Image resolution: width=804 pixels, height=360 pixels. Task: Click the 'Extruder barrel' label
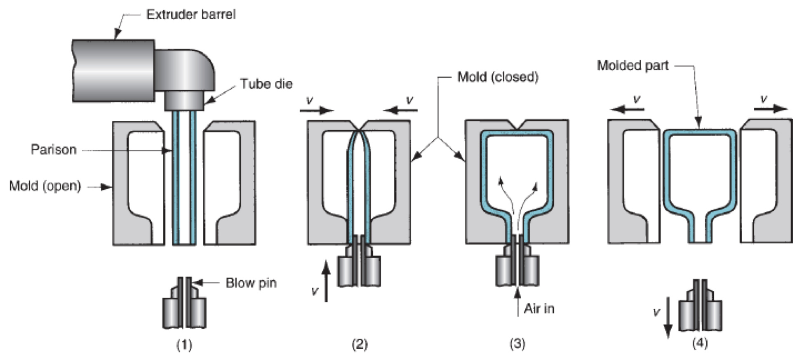click(x=191, y=14)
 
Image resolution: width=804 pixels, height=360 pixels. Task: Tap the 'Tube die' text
click(x=266, y=84)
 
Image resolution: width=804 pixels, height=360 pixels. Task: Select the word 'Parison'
click(x=54, y=149)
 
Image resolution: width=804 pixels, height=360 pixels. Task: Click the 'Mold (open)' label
click(x=45, y=186)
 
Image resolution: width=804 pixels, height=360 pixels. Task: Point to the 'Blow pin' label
click(x=251, y=283)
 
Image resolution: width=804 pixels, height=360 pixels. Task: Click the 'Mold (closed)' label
click(x=498, y=77)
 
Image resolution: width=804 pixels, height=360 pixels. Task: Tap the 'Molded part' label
click(x=632, y=66)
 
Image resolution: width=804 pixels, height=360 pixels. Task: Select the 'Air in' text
click(x=539, y=309)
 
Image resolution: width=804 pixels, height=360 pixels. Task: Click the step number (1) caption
click(x=184, y=344)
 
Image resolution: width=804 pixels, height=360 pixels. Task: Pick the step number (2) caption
click(x=360, y=344)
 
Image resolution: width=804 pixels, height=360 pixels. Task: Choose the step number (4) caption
click(x=700, y=343)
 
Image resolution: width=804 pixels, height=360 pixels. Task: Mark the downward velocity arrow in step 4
click(x=668, y=318)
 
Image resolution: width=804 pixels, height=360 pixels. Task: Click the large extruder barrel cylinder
click(x=113, y=71)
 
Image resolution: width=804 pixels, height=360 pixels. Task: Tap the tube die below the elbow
click(x=184, y=101)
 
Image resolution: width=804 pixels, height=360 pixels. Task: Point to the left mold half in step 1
click(x=138, y=184)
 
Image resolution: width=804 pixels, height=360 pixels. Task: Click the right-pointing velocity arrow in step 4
click(x=770, y=109)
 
